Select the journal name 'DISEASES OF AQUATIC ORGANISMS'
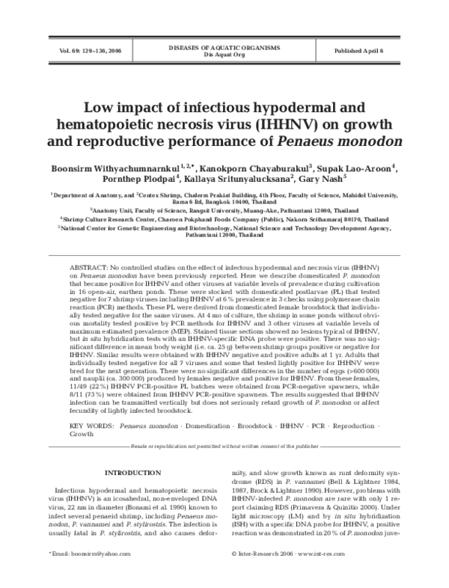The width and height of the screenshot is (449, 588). click(224, 47)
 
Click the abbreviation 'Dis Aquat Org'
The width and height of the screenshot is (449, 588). click(224, 54)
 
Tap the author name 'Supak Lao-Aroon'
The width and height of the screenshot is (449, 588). click(352, 168)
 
